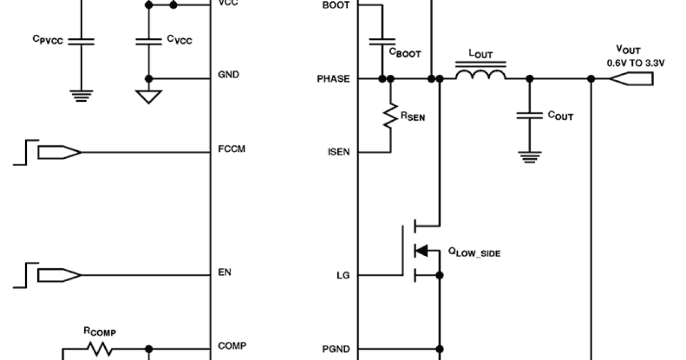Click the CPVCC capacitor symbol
[81, 42]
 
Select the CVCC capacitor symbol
[149, 42]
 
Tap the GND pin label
[229, 75]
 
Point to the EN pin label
[225, 272]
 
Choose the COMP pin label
[232, 346]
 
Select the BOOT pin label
[337, 5]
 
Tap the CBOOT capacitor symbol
[381, 42]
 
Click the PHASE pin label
[333, 79]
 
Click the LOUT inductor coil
[480, 75]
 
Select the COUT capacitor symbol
[529, 116]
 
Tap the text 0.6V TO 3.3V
[636, 63]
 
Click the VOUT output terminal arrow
[631, 79]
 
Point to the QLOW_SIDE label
[474, 251]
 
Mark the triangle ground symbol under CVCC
[149, 97]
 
